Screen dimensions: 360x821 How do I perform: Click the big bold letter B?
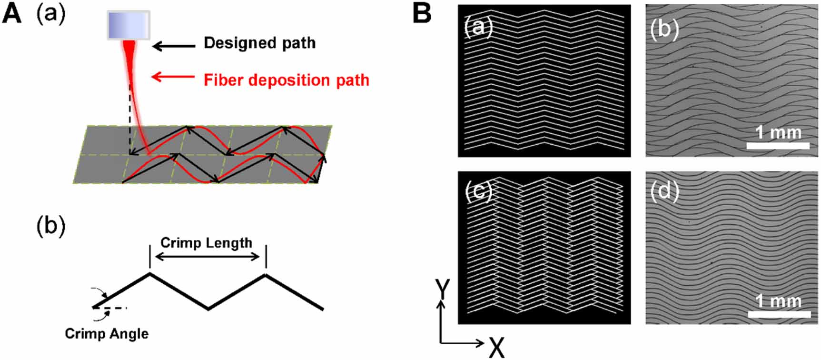[422, 13]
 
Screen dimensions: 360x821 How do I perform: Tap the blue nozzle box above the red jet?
[129, 25]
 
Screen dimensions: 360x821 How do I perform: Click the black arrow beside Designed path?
[173, 46]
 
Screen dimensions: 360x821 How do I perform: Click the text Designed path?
[259, 43]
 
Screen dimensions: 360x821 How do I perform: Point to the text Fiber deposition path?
[286, 80]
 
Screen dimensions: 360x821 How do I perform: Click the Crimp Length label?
[206, 243]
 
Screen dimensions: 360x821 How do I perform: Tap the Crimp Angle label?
[107, 333]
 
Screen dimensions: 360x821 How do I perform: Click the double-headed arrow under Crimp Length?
[207, 257]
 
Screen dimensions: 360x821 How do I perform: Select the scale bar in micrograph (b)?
[778, 146]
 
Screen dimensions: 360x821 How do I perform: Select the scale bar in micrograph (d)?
[779, 314]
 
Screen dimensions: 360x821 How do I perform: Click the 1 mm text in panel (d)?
[778, 301]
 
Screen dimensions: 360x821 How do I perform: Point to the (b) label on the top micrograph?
[664, 30]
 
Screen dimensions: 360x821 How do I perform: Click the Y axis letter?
[442, 289]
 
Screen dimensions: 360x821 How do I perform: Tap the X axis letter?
[496, 348]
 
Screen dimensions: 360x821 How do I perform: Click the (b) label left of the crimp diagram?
[51, 227]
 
